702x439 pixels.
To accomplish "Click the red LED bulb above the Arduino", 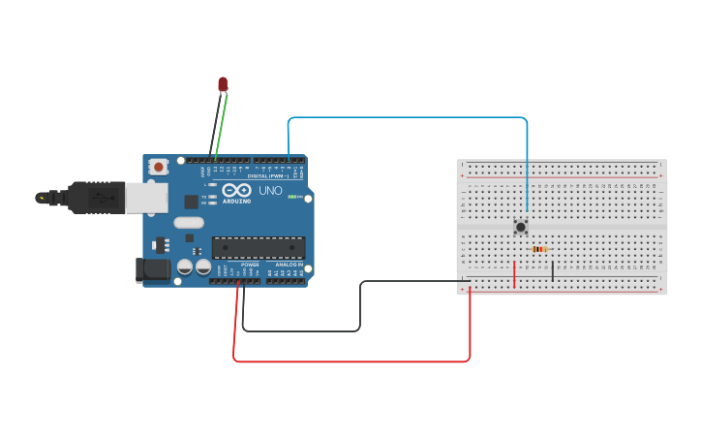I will pos(223,85).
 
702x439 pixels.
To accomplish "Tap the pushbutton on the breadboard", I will pos(521,227).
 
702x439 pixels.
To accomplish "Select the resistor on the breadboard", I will pos(539,249).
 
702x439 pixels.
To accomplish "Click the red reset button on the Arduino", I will pos(159,167).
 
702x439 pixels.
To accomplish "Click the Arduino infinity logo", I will pos(236,190).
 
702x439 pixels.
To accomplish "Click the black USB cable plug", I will pos(92,198).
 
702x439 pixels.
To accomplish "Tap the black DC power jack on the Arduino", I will pos(153,269).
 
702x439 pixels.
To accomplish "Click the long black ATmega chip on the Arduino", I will pos(259,248).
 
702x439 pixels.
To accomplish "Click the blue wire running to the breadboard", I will pos(407,118).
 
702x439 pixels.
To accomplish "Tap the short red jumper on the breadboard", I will pos(514,274).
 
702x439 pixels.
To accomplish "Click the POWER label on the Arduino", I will pos(249,265).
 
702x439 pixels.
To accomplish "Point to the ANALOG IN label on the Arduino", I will pos(287,265).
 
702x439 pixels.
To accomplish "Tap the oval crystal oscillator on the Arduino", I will pos(190,223).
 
